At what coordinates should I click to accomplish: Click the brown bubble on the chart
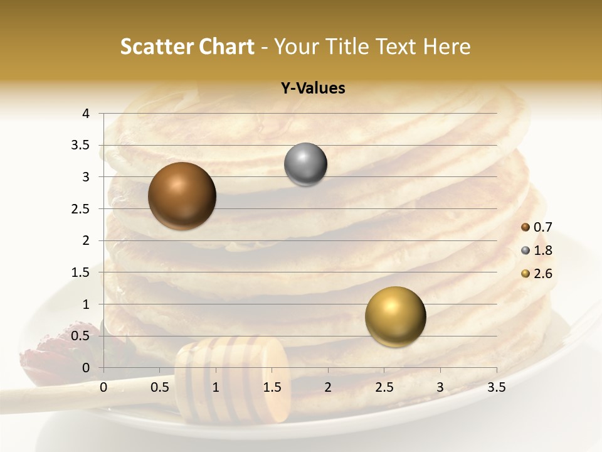click(x=182, y=196)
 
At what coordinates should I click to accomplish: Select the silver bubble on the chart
click(x=305, y=164)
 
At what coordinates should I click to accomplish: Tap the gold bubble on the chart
click(x=395, y=317)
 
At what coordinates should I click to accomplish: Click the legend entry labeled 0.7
click(x=537, y=227)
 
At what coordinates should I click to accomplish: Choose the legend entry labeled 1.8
click(x=537, y=250)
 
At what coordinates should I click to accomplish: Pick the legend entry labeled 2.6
click(x=537, y=274)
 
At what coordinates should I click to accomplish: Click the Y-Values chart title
click(x=312, y=89)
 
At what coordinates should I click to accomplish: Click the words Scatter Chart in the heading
click(x=187, y=46)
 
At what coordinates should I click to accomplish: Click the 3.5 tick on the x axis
click(x=496, y=388)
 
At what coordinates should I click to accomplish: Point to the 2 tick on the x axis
click(x=328, y=388)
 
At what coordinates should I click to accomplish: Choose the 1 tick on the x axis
click(x=216, y=388)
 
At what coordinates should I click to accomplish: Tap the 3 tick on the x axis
click(x=440, y=388)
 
